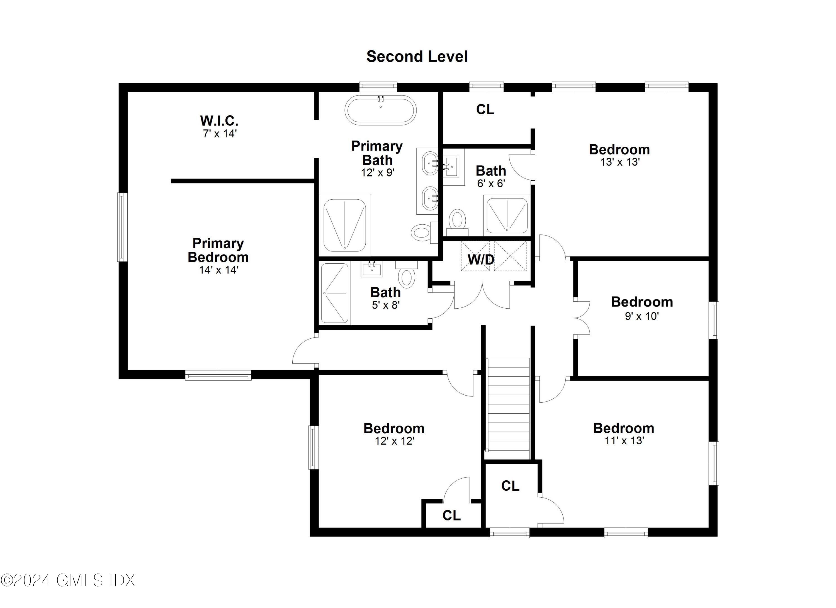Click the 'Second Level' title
click(417, 56)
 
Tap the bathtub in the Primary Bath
click(380, 110)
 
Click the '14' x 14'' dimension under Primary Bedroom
click(219, 270)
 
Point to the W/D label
click(481, 260)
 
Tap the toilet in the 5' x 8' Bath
click(407, 277)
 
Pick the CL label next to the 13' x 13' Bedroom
click(485, 110)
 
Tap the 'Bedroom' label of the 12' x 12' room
click(394, 428)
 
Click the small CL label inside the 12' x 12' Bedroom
click(451, 515)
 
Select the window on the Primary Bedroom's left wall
click(122, 227)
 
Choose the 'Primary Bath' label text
click(377, 153)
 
